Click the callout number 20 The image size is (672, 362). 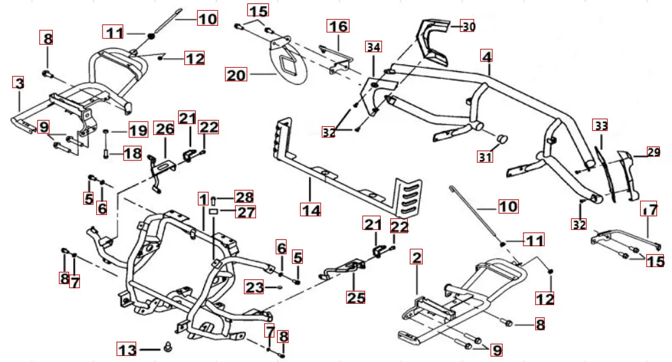(x=236, y=75)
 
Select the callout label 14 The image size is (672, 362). (x=311, y=210)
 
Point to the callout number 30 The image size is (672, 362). (x=468, y=26)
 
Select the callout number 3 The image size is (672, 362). (x=18, y=83)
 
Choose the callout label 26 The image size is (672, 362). (x=165, y=127)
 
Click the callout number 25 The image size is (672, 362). (x=356, y=296)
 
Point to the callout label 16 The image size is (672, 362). (x=338, y=26)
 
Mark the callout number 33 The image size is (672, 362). (x=600, y=125)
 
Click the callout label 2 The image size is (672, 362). (x=417, y=258)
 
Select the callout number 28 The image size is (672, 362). (x=243, y=197)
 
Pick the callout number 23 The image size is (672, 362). (x=253, y=287)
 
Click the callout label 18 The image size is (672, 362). (x=133, y=154)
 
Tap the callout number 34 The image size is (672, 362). (x=373, y=47)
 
